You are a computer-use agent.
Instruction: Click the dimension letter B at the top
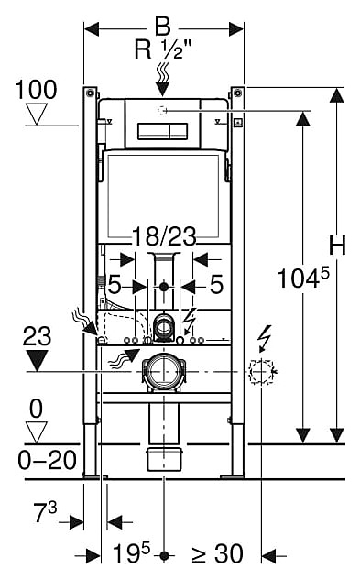tap(163, 27)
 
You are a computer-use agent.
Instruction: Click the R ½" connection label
tap(163, 49)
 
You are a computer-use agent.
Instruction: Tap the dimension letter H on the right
tap(337, 245)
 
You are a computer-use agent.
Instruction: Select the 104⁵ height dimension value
tap(303, 278)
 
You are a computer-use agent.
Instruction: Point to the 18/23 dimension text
tap(164, 236)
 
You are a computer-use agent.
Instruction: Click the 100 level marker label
tap(36, 90)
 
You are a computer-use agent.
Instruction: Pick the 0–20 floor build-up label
tap(48, 460)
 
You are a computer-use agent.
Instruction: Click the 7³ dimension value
tap(46, 512)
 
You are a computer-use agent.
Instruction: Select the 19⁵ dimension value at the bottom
tap(131, 553)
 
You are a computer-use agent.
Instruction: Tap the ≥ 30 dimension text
tap(218, 554)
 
